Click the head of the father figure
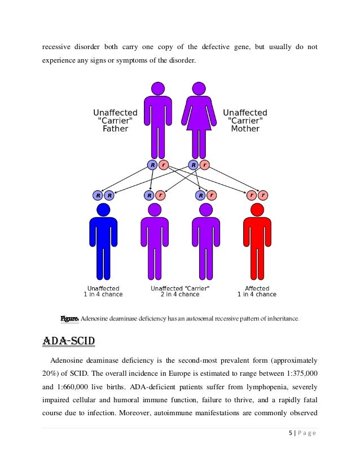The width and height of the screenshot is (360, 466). coord(158,89)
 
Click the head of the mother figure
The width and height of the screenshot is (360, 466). coord(198,89)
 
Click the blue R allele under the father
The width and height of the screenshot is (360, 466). coord(152,165)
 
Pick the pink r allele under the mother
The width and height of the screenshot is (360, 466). coord(205,165)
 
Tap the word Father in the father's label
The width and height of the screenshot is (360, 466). coord(115,129)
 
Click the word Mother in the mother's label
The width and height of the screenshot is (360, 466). coord(245,129)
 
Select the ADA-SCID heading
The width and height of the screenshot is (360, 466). coord(68,341)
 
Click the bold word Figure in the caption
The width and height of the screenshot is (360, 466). coord(70,319)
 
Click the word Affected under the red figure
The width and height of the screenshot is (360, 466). coord(257,288)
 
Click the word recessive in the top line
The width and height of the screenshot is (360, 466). coord(59,47)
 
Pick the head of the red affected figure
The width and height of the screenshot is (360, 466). coord(257,209)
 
